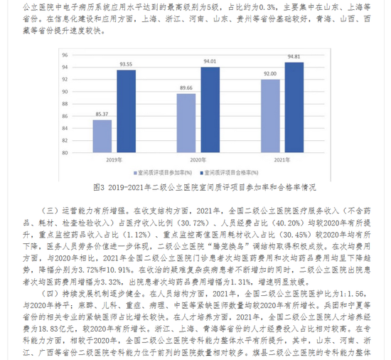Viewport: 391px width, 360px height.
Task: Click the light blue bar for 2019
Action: click(102, 135)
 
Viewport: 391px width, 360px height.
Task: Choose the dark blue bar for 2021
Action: click(294, 107)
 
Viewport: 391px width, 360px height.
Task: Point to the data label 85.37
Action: click(102, 115)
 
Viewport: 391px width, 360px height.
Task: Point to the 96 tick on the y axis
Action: click(65, 55)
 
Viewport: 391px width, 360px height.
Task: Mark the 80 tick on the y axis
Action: click(65, 152)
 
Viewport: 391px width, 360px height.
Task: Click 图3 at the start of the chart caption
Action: click(100, 186)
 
